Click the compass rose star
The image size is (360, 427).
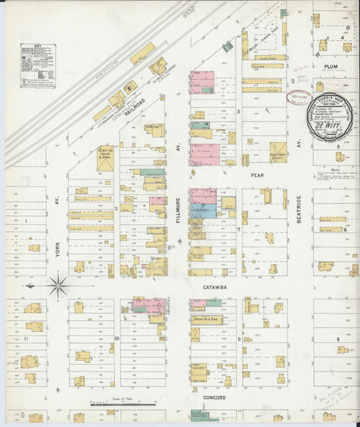(58, 286)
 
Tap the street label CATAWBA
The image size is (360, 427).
(217, 286)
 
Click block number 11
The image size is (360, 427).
(26, 336)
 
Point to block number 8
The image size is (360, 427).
(338, 337)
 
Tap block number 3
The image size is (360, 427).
(238, 110)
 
